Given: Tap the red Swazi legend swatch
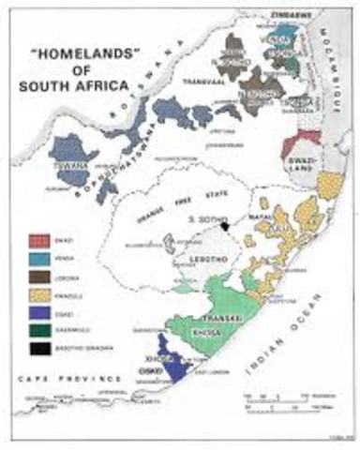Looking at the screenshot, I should point(36,241).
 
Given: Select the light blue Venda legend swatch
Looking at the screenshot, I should point(36,259).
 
